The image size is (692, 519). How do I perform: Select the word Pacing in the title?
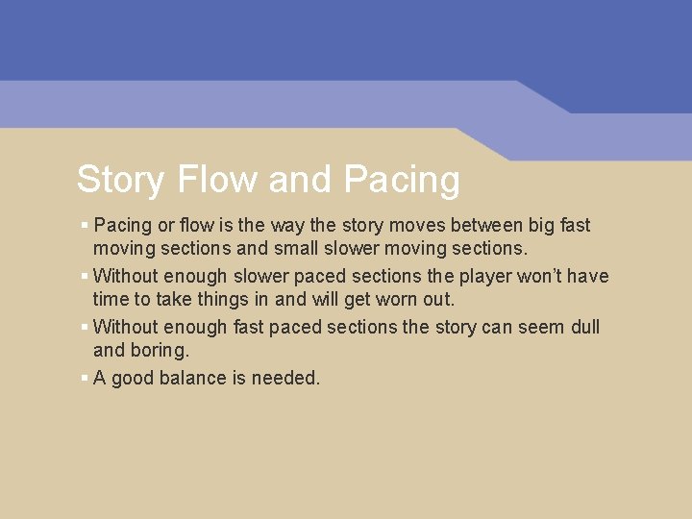coord(402,180)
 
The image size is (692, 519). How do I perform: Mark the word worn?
coord(395,301)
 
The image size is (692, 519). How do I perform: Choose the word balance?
coord(188,379)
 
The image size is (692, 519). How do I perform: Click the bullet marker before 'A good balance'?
coord(85,378)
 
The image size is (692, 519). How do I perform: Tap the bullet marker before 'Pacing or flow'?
coord(85,225)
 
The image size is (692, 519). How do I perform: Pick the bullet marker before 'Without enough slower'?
coord(85,276)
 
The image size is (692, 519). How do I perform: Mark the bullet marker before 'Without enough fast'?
coord(85,327)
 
